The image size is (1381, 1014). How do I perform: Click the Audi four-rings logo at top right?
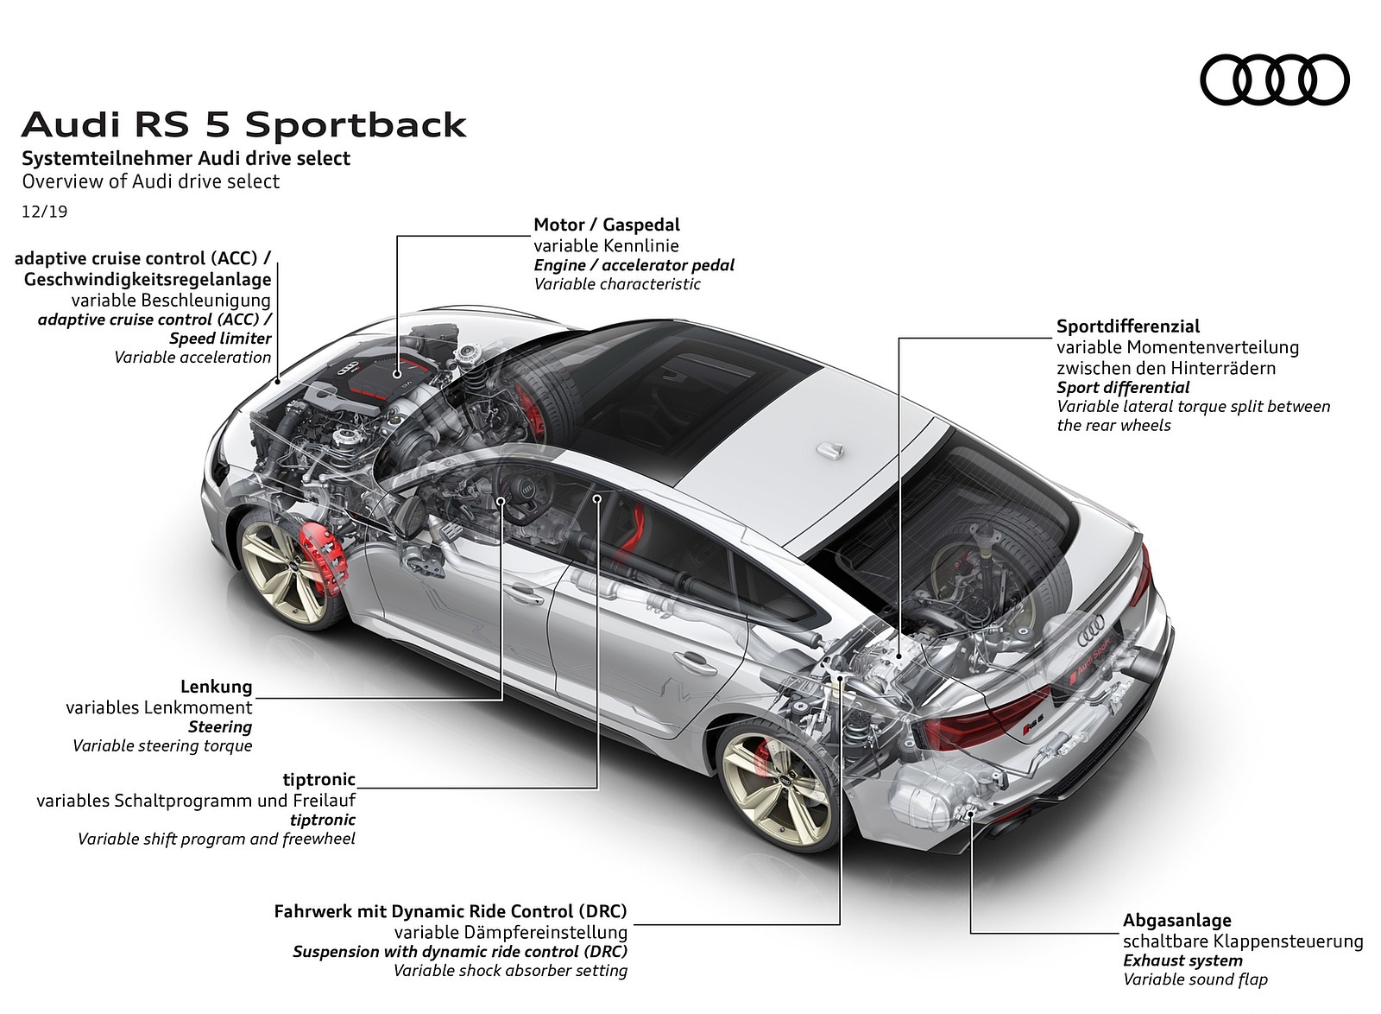pos(1274,81)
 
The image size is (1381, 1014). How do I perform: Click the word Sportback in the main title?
pos(356,125)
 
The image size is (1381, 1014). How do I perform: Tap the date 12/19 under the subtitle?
pos(45,211)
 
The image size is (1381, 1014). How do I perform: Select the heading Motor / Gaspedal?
pos(607,225)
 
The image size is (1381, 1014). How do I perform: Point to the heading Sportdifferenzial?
pos(1128,326)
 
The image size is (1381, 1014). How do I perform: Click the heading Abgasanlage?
pos(1176,921)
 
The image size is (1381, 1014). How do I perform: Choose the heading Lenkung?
pos(217,687)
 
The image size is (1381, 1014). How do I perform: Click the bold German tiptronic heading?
pos(319,780)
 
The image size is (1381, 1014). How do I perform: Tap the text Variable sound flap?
pos(1195,979)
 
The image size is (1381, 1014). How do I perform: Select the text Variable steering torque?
pos(162,746)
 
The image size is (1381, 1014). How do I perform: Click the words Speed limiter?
pos(220,339)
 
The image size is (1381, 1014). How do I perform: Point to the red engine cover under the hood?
pos(380,380)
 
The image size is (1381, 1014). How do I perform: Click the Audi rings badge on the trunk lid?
pos(1095,625)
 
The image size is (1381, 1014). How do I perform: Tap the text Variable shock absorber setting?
pos(510,971)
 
